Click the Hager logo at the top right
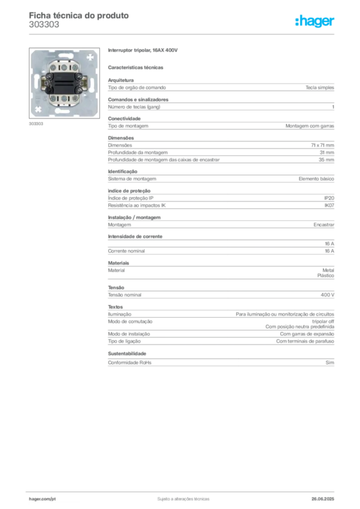point(315,21)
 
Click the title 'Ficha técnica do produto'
point(79,15)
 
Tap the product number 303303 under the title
point(44,25)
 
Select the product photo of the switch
point(64,83)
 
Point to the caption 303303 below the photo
point(36,124)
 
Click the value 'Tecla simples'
point(320,87)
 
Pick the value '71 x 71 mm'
point(322,145)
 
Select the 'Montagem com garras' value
point(310,126)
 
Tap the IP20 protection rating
point(329,198)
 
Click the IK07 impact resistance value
point(329,205)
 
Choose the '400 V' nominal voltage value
point(327,295)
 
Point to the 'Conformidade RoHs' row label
point(129,362)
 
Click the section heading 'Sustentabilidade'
point(127,353)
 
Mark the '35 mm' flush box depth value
point(326,160)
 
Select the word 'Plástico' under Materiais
point(326,275)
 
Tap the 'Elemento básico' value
point(316,179)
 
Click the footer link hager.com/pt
point(42,499)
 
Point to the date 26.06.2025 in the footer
point(323,499)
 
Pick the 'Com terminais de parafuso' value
point(305,341)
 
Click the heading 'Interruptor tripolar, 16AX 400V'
point(143,50)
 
